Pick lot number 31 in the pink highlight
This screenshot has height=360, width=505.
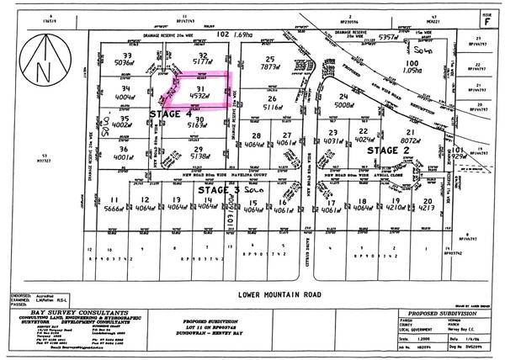coord(199,88)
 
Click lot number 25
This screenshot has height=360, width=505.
coord(271,53)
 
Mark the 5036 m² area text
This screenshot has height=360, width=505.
coord(125,61)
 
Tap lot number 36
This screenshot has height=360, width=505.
coord(125,149)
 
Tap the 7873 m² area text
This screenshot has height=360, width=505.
coord(272,61)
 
